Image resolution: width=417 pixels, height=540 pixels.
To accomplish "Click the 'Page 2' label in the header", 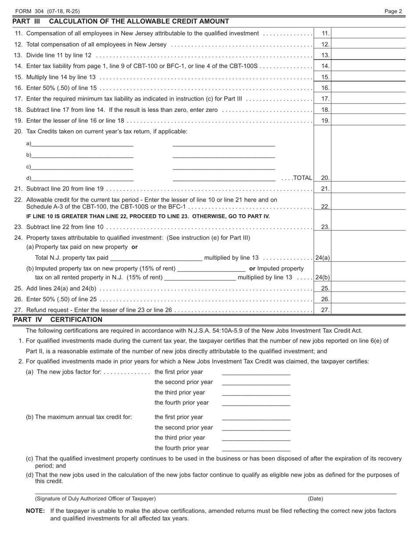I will click(x=393, y=11).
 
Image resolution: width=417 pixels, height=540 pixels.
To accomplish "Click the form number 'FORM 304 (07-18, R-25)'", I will click(x=47, y=11).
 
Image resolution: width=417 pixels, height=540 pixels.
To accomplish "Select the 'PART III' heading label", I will click(x=26, y=22).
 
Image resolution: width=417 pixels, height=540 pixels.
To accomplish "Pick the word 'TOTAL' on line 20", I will click(x=303, y=178).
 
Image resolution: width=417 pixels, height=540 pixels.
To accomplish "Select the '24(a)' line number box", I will click(x=323, y=258).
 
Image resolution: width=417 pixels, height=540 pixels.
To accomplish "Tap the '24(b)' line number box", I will click(x=323, y=277).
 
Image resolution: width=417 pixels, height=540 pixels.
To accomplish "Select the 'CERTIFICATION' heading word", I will click(x=76, y=320).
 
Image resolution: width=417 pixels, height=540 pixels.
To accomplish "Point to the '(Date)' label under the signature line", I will click(x=315, y=499).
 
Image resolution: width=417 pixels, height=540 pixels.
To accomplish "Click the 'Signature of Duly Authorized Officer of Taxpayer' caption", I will click(x=95, y=499).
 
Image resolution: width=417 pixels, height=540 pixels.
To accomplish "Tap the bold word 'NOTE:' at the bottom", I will click(x=36, y=511).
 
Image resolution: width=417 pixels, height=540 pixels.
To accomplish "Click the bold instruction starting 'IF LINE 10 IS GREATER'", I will click(x=148, y=216).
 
